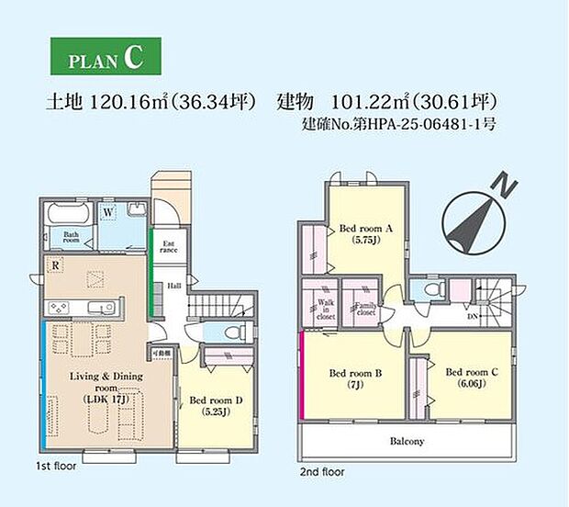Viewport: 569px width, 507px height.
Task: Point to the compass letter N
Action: tap(501, 187)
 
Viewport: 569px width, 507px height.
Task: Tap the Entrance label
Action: tap(169, 246)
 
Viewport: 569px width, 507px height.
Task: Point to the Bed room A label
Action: tap(364, 234)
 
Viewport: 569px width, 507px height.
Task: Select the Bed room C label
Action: tap(473, 377)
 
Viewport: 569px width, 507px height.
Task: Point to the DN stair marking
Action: tap(474, 315)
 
